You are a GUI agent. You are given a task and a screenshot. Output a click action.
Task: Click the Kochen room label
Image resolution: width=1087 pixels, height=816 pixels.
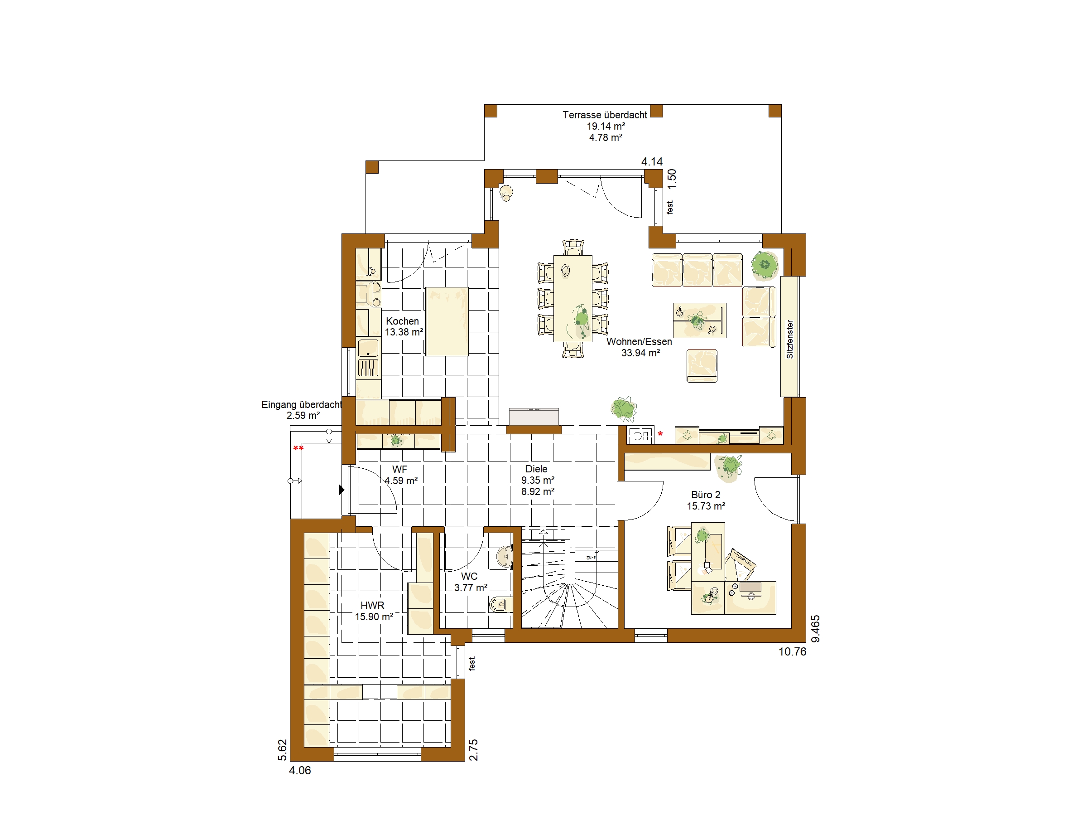pos(403,321)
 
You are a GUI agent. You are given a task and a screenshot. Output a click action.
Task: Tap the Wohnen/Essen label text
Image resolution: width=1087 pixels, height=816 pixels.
pos(640,341)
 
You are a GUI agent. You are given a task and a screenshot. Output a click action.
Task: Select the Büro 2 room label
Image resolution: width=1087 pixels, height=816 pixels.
pos(706,495)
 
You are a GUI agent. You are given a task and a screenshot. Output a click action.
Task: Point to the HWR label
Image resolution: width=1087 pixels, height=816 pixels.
pos(372,606)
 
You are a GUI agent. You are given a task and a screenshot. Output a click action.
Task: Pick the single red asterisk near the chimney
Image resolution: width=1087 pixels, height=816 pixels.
pos(660,434)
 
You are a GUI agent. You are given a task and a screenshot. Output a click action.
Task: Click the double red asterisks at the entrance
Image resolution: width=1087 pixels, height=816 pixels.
pos(298,448)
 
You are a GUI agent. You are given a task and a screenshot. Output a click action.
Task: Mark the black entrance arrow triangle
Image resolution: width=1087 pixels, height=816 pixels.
pos(341,490)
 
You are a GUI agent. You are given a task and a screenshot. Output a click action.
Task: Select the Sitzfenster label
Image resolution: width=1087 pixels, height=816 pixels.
pos(790,340)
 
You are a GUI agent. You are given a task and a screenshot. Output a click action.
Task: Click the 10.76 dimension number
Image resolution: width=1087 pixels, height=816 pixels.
pos(792,652)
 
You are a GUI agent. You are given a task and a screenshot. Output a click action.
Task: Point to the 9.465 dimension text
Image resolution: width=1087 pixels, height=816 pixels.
pos(815,629)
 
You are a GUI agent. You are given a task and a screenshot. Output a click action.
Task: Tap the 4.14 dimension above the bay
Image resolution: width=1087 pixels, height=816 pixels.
pos(652,161)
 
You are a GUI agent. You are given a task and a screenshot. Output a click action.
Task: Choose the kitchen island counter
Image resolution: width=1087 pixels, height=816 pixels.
pos(447,321)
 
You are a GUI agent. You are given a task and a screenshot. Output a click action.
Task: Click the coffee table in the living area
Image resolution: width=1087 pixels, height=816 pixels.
pos(699,320)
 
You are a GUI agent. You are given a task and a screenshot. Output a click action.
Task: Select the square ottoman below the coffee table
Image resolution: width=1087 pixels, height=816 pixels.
pos(702,365)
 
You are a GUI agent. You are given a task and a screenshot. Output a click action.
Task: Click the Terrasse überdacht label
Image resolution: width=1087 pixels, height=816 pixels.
pos(605,115)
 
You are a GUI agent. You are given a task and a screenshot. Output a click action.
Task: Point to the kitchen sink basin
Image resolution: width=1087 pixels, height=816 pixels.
pos(368,348)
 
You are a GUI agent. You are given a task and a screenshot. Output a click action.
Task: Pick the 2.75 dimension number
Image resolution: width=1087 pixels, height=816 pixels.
pos(473,750)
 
